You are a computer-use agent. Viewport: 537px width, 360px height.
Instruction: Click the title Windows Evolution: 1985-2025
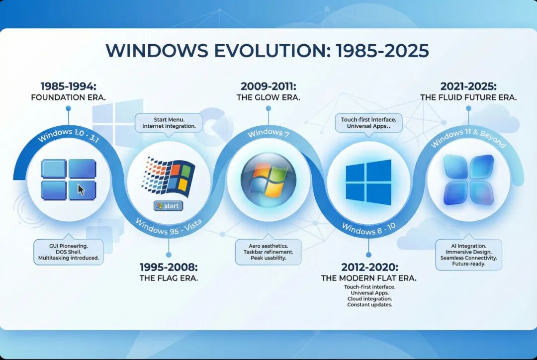(x=268, y=51)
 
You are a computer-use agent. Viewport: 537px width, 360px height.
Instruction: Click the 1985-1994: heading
(x=68, y=86)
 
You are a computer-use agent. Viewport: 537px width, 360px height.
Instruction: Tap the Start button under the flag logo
(x=169, y=206)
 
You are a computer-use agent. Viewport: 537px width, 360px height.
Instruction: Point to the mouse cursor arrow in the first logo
(x=81, y=190)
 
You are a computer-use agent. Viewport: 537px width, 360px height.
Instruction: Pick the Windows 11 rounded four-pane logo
(x=468, y=180)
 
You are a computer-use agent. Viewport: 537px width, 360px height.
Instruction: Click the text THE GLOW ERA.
(x=268, y=97)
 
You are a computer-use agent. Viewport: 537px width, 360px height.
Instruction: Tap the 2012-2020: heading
(x=368, y=267)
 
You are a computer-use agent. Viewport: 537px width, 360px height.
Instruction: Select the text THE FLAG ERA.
(x=169, y=278)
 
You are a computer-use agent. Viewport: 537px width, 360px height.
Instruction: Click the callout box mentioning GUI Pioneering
(x=68, y=252)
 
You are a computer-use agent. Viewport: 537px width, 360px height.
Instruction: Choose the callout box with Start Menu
(x=169, y=122)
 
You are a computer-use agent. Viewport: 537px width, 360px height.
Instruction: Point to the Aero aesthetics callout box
(x=268, y=252)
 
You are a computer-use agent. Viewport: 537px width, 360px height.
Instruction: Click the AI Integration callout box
(x=468, y=255)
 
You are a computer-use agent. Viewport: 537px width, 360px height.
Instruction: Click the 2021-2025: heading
(x=468, y=86)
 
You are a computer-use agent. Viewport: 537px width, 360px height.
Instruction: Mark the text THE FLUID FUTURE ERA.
(x=468, y=97)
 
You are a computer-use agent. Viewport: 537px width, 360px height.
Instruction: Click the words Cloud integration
(x=368, y=299)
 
